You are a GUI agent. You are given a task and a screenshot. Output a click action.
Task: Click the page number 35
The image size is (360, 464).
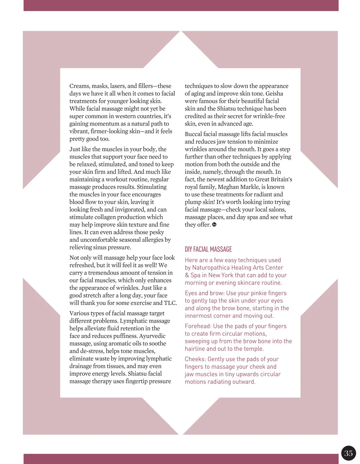tap(348, 453)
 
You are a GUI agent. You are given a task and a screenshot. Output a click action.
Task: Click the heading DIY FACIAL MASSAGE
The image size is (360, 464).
tap(208, 249)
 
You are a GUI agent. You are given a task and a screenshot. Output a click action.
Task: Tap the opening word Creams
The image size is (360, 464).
tap(79, 86)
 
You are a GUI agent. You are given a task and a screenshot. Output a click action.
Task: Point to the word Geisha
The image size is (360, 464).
tap(274, 94)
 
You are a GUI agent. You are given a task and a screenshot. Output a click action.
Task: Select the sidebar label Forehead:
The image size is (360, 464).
tap(198, 326)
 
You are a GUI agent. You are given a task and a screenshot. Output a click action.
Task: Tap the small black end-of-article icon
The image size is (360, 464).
tap(214, 225)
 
